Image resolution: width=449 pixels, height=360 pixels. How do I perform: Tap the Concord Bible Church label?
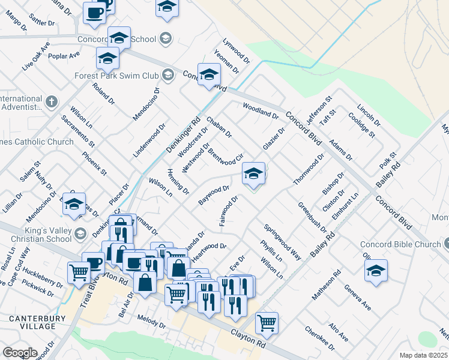400,244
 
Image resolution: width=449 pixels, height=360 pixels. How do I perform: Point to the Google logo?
19,353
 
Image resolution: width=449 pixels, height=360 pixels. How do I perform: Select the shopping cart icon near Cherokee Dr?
267,323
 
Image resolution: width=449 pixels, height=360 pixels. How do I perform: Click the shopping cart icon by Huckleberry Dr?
79,273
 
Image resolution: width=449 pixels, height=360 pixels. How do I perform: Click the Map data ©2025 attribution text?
423,355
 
